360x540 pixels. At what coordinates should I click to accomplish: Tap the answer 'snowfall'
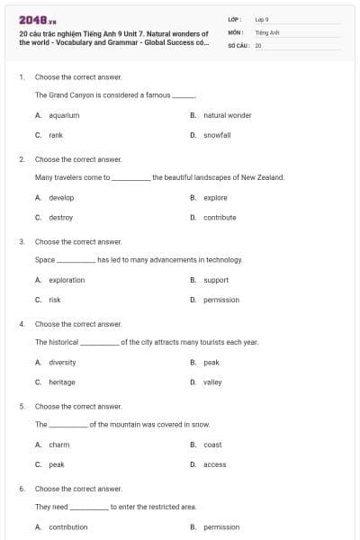click(217, 134)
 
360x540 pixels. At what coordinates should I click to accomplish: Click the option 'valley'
click(212, 382)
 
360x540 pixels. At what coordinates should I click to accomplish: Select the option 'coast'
click(212, 445)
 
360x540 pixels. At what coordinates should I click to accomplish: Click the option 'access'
click(215, 464)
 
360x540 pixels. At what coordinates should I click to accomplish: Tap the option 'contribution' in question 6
click(68, 527)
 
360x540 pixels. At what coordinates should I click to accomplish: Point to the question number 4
click(22, 323)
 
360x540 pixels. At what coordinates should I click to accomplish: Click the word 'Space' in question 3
click(45, 259)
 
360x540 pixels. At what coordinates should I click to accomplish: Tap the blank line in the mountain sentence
click(67, 425)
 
